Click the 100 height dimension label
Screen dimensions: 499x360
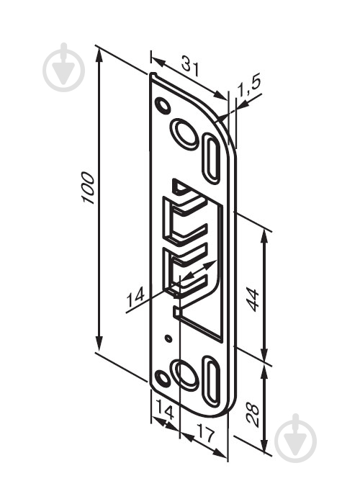pos(87,189)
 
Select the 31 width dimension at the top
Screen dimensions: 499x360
pos(189,67)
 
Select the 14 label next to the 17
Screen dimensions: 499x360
pos(165,414)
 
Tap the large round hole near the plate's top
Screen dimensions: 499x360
pos(184,134)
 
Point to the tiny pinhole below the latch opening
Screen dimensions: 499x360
pos(168,338)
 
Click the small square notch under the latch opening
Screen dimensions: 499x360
pos(176,311)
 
